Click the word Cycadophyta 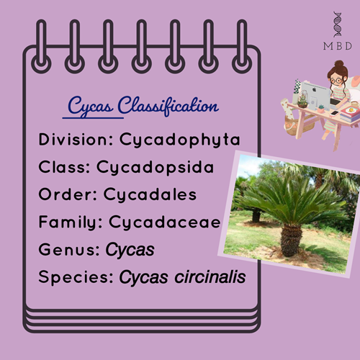pyautogui.click(x=180, y=140)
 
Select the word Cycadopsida pyautogui.click(x=155, y=167)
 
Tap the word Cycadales pyautogui.click(x=150, y=194)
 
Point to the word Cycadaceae pyautogui.click(x=165, y=222)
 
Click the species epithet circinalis pyautogui.click(x=210, y=277)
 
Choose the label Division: pyautogui.click(x=76, y=139)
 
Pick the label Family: pyautogui.click(x=71, y=222)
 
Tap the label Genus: pyautogui.click(x=69, y=250)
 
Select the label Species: pyautogui.click(x=76, y=278)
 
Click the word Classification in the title pyautogui.click(x=168, y=106)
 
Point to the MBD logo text pyautogui.click(x=338, y=46)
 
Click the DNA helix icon pyautogui.click(x=338, y=24)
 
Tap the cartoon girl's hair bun pyautogui.click(x=339, y=64)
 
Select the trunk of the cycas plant pyautogui.click(x=291, y=240)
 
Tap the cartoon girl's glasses pyautogui.click(x=336, y=81)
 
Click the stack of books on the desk pyautogui.click(x=350, y=114)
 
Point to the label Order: pyautogui.click(x=68, y=194)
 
